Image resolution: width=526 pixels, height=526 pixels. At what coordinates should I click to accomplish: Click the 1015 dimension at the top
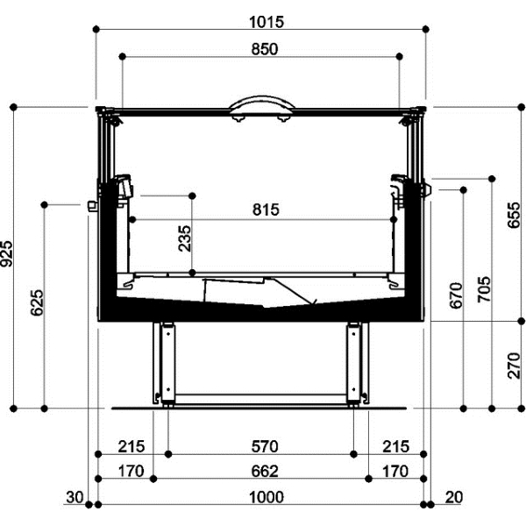pyautogui.click(x=267, y=22)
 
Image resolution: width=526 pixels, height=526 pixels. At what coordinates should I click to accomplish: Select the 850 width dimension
pyautogui.click(x=265, y=49)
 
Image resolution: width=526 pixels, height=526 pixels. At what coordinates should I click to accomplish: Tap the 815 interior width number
pyautogui.click(x=266, y=210)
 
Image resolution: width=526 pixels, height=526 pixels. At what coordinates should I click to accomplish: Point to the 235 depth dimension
pyautogui.click(x=184, y=238)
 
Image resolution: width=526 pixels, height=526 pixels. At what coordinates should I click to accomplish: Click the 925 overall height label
pyautogui.click(x=6, y=253)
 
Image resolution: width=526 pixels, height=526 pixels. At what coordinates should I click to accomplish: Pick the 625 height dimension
pyautogui.click(x=37, y=302)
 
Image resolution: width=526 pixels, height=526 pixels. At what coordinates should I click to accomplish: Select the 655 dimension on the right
pyautogui.click(x=514, y=216)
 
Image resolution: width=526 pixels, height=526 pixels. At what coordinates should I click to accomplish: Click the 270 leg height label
pyautogui.click(x=514, y=366)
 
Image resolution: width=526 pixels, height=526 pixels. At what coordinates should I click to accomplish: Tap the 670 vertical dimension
pyautogui.click(x=456, y=295)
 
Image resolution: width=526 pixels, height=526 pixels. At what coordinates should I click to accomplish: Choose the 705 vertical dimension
pyautogui.click(x=484, y=289)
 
